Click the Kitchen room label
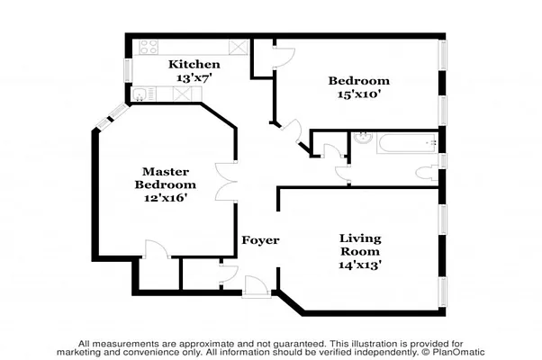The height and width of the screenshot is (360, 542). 194,65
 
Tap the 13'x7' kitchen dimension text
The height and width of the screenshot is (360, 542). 194,78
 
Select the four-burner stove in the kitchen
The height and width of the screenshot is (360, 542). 148,46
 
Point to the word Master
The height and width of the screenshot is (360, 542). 165,171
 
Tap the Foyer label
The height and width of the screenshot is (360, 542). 260,241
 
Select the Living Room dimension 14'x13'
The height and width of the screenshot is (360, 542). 360,265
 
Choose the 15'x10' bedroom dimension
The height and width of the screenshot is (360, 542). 358,94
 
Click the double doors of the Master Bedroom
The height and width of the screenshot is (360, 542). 225,184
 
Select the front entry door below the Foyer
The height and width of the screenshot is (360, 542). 257,286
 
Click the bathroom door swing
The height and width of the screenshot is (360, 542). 342,173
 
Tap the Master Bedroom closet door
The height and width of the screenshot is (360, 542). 153,249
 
